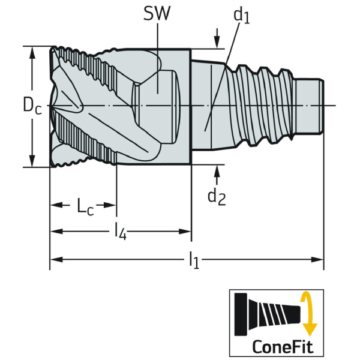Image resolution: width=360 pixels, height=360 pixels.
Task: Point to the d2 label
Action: click(x=216, y=196)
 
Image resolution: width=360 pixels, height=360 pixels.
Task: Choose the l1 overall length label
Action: click(x=193, y=260)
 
